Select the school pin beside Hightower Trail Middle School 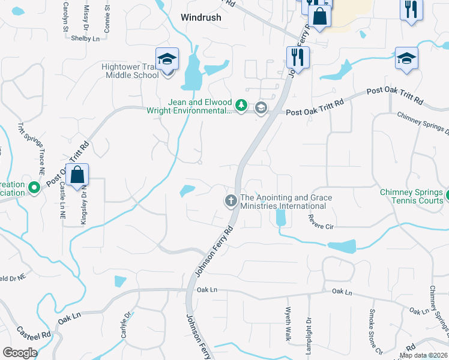click(x=167, y=59)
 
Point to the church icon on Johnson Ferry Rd click(x=231, y=201)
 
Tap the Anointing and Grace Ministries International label click(x=286, y=202)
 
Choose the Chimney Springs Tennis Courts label click(x=412, y=196)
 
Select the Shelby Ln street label click(x=85, y=38)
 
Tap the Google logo click(x=20, y=353)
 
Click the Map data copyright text click(x=423, y=355)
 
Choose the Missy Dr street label click(x=86, y=12)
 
